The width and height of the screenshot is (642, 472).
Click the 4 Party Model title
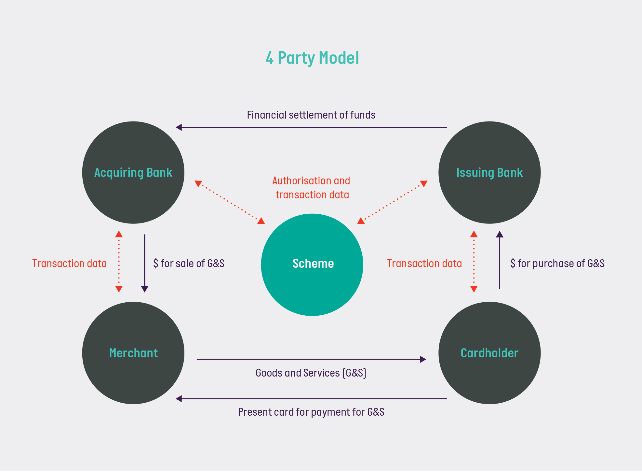[312, 58]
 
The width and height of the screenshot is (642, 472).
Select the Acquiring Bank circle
[133, 173]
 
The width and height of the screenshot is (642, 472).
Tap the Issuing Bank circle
[489, 173]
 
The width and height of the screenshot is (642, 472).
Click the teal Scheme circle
[312, 265]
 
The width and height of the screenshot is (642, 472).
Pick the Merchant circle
[133, 353]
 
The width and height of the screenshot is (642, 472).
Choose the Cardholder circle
[489, 353]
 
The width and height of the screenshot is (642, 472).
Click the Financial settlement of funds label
[311, 115]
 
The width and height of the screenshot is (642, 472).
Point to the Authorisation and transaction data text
[311, 188]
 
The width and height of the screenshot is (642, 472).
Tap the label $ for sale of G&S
[189, 263]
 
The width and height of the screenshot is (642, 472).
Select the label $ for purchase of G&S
[557, 263]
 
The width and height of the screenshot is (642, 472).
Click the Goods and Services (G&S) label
[311, 373]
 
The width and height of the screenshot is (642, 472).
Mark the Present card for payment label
[311, 412]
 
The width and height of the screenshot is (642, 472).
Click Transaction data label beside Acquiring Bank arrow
[69, 263]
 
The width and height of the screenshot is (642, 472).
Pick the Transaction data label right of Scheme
[424, 263]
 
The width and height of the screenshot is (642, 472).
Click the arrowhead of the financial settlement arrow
[179, 127]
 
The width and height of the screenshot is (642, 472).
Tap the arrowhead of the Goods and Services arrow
[423, 359]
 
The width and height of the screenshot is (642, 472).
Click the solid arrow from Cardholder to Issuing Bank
[500, 261]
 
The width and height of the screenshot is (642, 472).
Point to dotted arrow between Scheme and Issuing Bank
[392, 202]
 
